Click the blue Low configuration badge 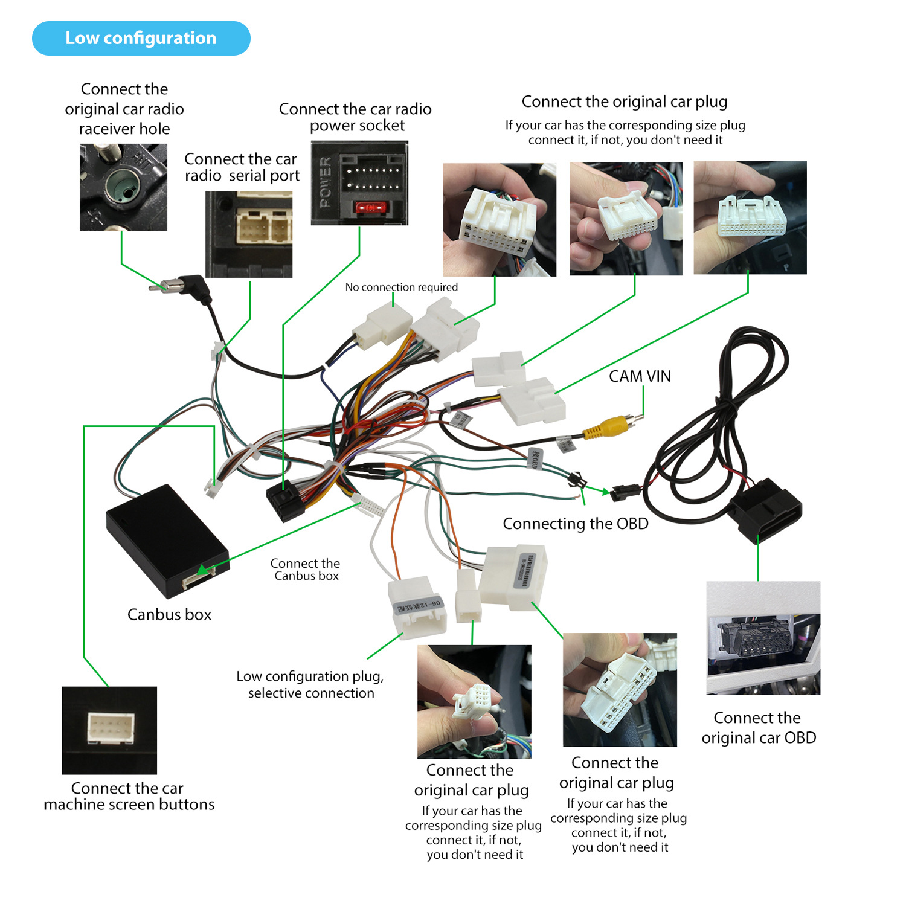(x=141, y=38)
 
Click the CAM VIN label (x=640, y=376)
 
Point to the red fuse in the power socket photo (x=369, y=208)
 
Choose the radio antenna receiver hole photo (x=123, y=187)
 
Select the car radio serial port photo (x=249, y=234)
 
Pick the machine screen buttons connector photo (x=109, y=730)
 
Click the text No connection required (x=401, y=287)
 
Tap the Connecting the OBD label (x=575, y=524)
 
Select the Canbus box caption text (x=169, y=615)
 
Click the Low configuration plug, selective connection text (x=310, y=684)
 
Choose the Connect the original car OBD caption (x=758, y=727)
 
